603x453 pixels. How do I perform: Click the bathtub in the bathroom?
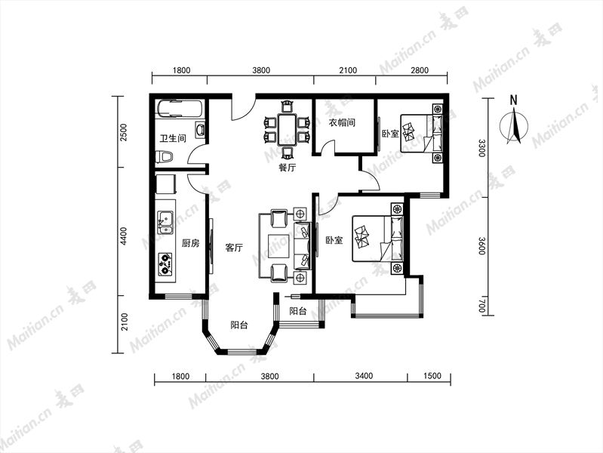click(x=180, y=109)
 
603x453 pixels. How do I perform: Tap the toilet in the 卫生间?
click(x=165, y=156)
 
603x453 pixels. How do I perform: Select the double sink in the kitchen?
click(x=165, y=223)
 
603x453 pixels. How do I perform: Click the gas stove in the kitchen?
click(x=165, y=263)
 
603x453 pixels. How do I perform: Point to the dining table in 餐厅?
click(x=288, y=129)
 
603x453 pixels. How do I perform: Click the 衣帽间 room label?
click(x=342, y=123)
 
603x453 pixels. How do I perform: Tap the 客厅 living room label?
click(x=234, y=247)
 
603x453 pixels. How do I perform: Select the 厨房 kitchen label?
click(x=191, y=243)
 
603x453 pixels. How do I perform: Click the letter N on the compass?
click(x=513, y=100)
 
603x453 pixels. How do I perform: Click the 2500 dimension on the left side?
click(x=124, y=132)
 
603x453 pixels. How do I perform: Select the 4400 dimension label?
click(x=124, y=236)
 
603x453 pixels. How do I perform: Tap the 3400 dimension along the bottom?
click(x=364, y=376)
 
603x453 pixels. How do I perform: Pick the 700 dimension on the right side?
click(x=482, y=307)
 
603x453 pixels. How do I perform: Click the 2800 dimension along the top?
click(x=420, y=70)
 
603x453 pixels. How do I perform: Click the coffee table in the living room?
click(x=278, y=246)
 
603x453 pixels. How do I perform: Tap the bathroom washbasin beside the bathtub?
click(x=200, y=130)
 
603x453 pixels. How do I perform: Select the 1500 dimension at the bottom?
click(x=432, y=376)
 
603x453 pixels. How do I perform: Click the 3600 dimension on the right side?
click(x=482, y=245)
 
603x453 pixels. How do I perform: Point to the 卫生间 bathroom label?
click(x=173, y=138)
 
